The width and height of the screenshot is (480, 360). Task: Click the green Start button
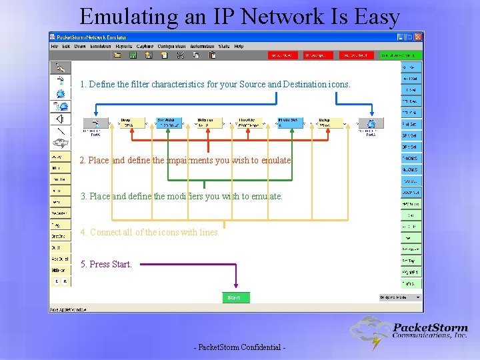click(x=234, y=297)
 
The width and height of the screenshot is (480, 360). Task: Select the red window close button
click(x=418, y=37)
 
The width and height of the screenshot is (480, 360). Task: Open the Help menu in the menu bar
click(x=239, y=47)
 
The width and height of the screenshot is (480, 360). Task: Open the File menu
click(x=57, y=47)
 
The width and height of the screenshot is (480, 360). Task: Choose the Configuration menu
click(x=171, y=47)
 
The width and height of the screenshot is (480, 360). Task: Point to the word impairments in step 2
click(x=204, y=161)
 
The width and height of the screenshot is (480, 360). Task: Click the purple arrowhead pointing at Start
click(x=235, y=285)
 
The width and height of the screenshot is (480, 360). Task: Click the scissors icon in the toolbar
click(x=180, y=55)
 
